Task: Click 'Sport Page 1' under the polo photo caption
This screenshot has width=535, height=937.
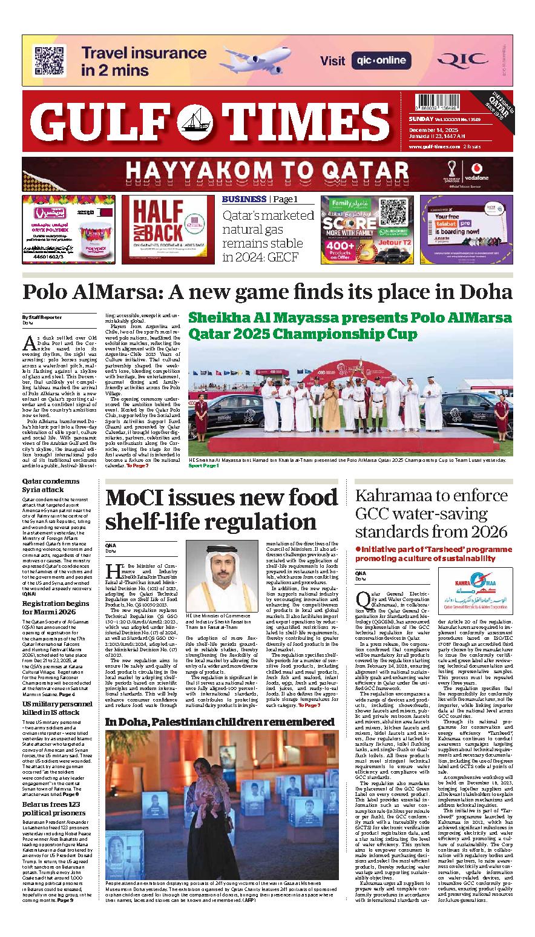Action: [203, 466]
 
